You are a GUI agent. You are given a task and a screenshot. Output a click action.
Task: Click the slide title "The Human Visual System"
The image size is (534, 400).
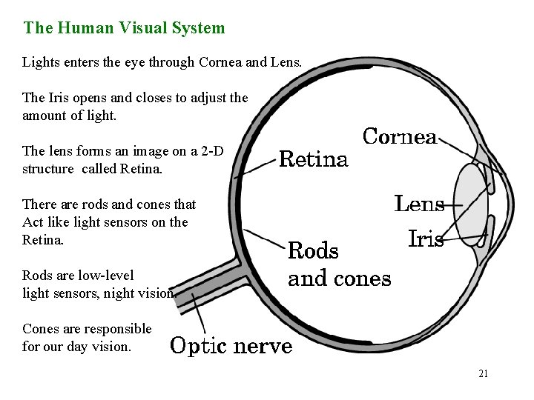coord(124,29)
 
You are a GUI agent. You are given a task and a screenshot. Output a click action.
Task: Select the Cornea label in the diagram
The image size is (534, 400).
coord(399,137)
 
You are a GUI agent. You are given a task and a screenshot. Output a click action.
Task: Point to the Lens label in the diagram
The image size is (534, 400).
coord(419,204)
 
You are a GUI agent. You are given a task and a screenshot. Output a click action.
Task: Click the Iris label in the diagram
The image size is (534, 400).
coord(426,239)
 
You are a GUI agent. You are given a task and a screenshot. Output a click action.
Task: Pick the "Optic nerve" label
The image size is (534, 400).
coord(231,346)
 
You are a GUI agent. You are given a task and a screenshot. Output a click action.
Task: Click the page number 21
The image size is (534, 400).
coord(483,373)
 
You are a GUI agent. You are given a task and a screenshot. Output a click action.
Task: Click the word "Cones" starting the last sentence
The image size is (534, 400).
coord(42,329)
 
